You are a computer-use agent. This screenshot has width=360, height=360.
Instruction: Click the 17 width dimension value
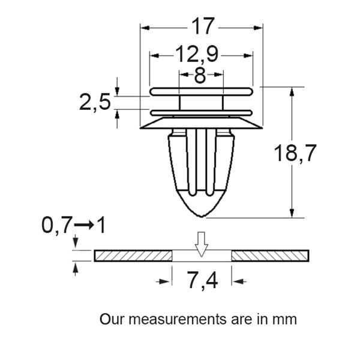click(x=202, y=26)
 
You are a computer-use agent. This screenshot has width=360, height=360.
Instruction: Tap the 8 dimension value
click(x=200, y=75)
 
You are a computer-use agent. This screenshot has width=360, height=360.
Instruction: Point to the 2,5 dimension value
click(x=95, y=103)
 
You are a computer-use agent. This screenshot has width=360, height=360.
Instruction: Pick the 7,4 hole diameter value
click(x=201, y=280)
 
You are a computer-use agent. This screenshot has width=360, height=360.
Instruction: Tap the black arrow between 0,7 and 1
click(x=84, y=226)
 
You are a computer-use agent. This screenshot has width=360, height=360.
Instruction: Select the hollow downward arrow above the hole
click(x=202, y=242)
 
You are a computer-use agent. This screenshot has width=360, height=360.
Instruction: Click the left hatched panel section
click(x=133, y=256)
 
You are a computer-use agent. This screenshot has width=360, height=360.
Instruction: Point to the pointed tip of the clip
click(x=200, y=215)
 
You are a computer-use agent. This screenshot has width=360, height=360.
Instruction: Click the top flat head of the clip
click(x=200, y=91)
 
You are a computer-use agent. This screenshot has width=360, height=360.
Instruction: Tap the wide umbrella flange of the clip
click(x=200, y=123)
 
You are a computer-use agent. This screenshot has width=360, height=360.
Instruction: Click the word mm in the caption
click(x=286, y=319)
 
